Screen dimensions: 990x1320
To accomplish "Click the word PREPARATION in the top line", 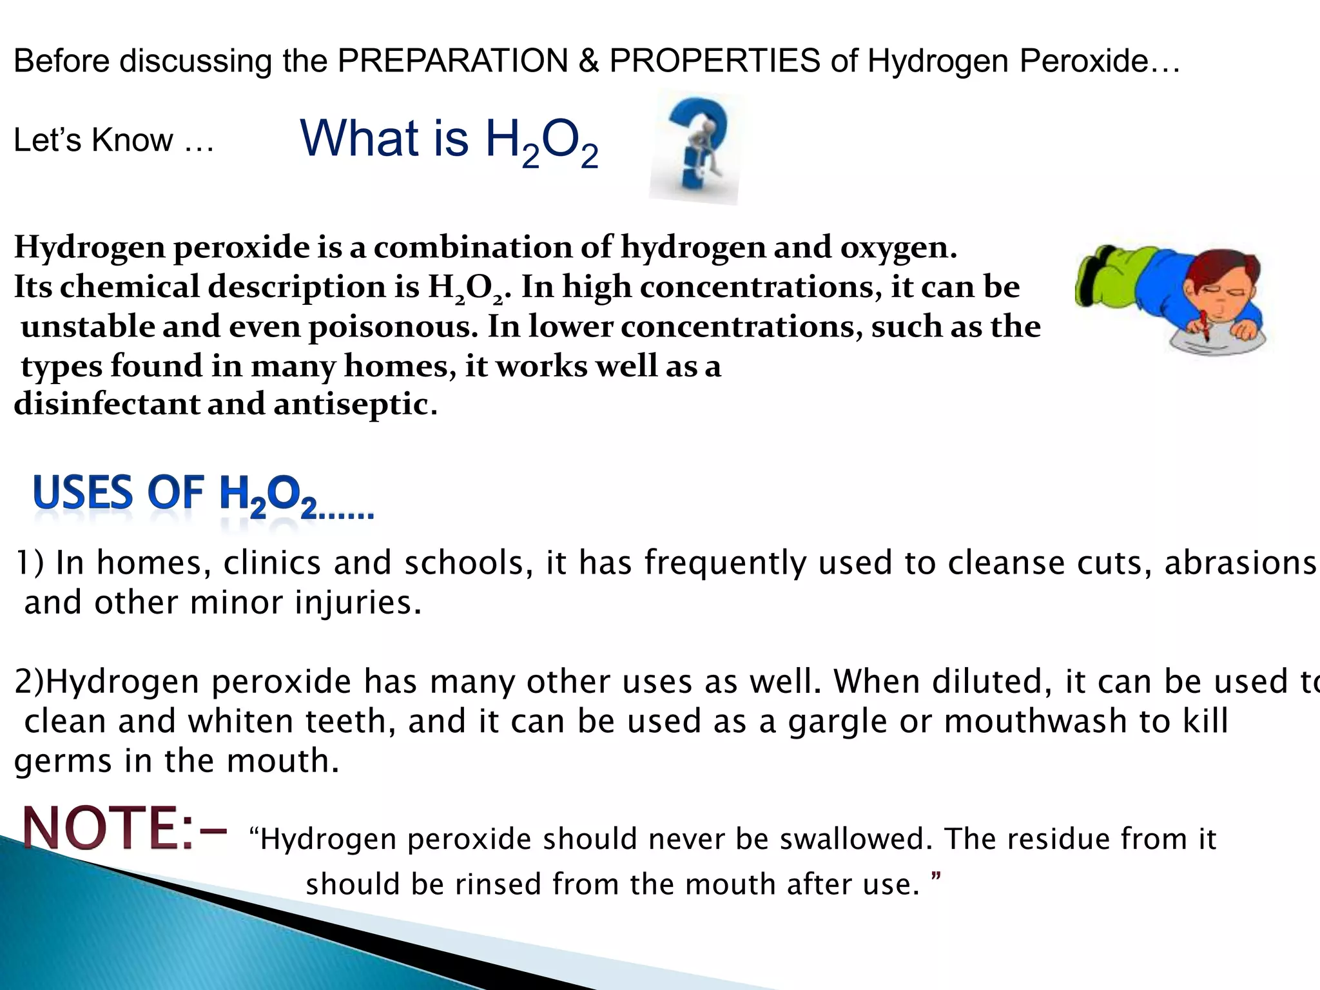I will [452, 62].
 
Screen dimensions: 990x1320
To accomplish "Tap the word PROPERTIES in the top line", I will [715, 62].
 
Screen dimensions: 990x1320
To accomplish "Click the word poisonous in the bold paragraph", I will [393, 327].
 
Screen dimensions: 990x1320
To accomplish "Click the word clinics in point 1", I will [271, 563].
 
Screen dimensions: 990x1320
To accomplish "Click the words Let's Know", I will [93, 141].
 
